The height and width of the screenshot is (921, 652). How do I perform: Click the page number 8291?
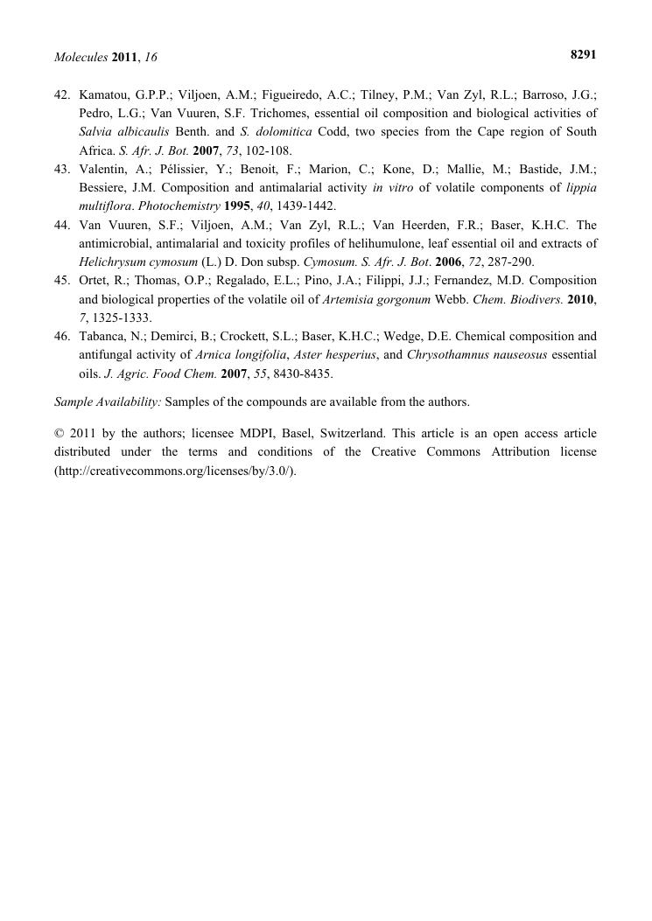click(x=583, y=54)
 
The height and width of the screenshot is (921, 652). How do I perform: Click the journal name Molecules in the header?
click(x=81, y=57)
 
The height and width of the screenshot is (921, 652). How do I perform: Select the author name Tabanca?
click(x=102, y=336)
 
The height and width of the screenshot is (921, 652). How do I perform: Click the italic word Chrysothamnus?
click(x=450, y=354)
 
